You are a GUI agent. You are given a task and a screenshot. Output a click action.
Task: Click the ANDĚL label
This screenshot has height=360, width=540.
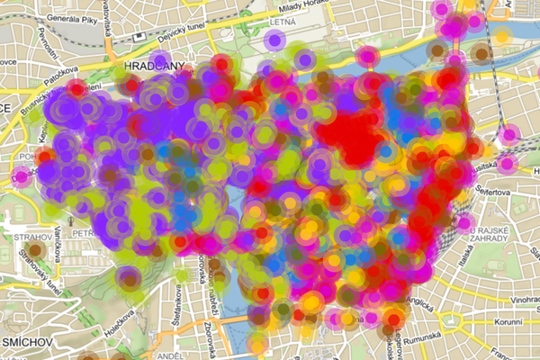pos(171,355)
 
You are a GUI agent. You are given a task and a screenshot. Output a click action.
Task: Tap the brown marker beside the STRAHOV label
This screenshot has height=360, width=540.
pos(36,250)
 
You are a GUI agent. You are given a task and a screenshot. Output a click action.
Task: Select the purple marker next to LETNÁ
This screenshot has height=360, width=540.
pos(274,40)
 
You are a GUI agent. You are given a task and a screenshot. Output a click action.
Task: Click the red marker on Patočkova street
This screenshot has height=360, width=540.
pos(76,88)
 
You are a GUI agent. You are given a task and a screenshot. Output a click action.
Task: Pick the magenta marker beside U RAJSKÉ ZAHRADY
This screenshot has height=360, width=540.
pos(466,223)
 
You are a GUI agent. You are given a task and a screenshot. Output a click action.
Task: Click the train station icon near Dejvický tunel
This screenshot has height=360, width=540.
pos(140,38)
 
